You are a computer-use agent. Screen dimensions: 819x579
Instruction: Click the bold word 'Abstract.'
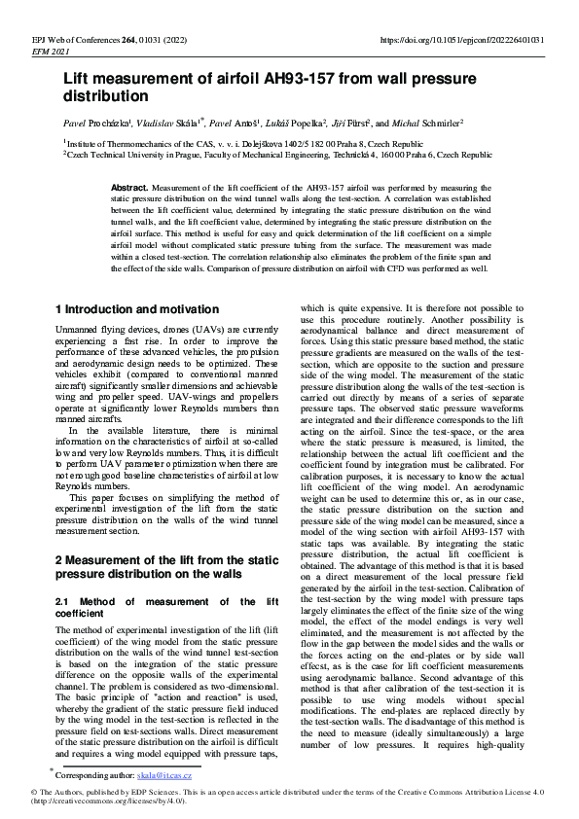pos(129,186)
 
